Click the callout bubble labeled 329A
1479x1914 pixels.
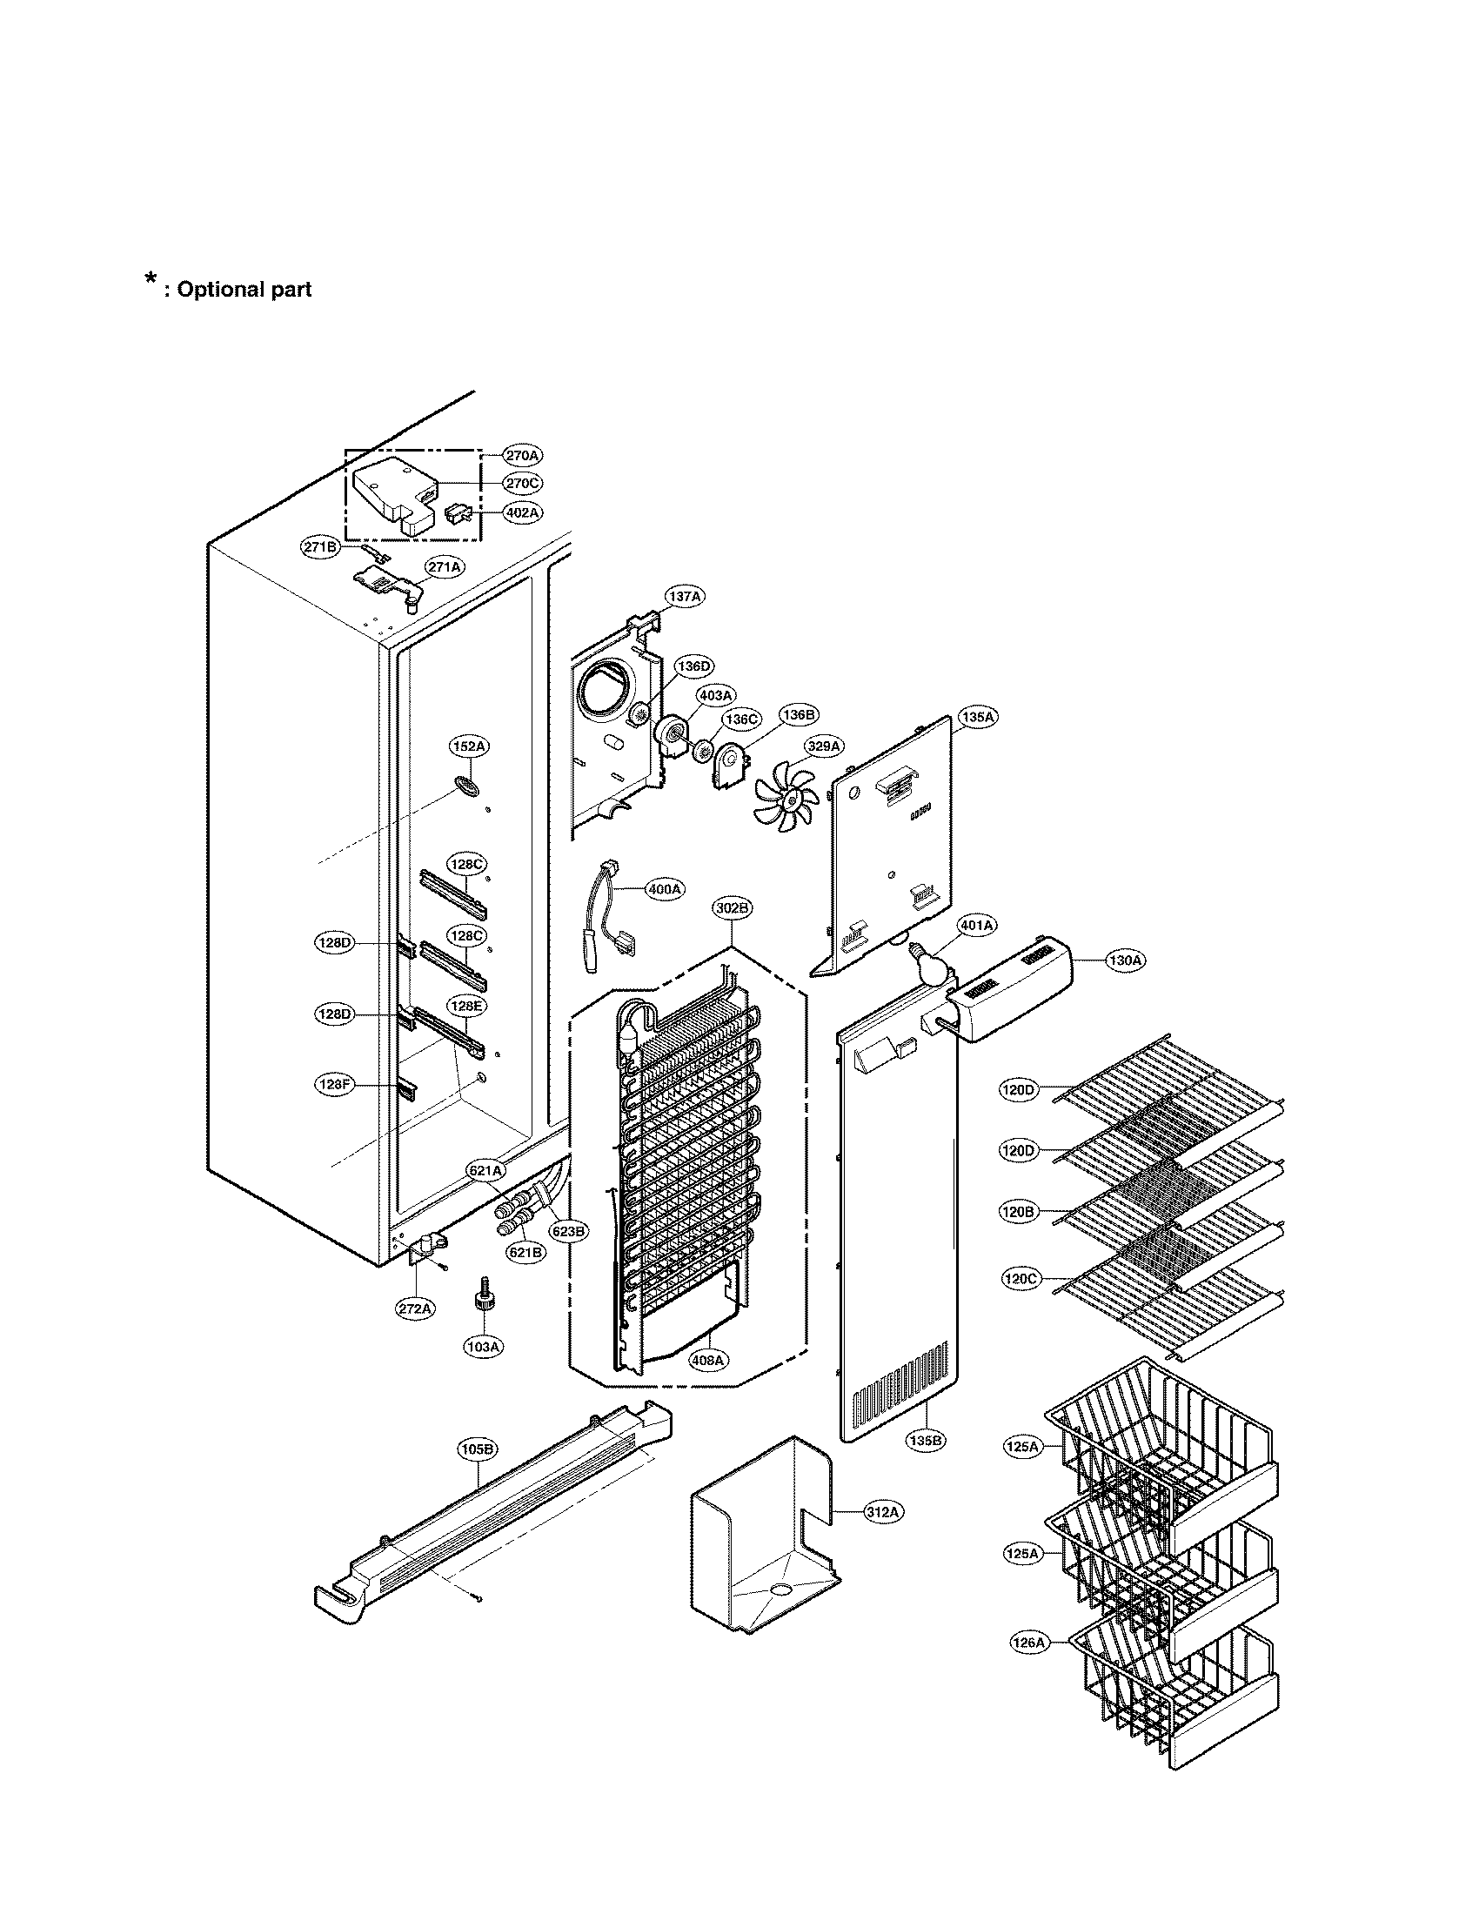coord(825,746)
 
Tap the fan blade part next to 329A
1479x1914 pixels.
coord(786,794)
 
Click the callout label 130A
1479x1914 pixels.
coord(1125,960)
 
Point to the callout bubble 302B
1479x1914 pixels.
coord(732,909)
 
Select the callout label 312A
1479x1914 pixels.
coord(882,1512)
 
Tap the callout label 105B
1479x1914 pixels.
coord(478,1449)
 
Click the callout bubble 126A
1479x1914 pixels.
coord(1028,1643)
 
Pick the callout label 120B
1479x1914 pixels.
coord(1018,1213)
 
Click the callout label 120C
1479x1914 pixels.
coord(1020,1280)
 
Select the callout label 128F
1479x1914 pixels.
coord(334,1084)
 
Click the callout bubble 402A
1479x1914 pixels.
coord(522,512)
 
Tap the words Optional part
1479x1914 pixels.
coord(244,290)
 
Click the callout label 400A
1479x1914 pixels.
coord(665,888)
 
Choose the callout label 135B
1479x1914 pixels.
coord(927,1439)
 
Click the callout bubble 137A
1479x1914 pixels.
coord(686,597)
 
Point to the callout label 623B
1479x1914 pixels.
coord(568,1231)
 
